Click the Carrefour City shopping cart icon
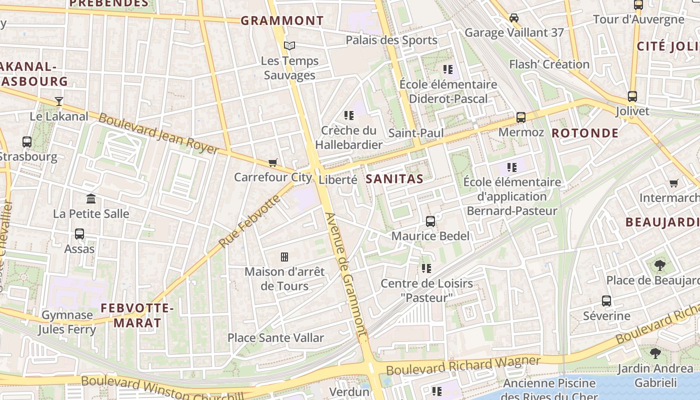click(x=272, y=162)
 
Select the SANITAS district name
click(x=394, y=179)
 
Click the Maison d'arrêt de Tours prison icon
click(x=284, y=257)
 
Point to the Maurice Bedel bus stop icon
click(x=430, y=221)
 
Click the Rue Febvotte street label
click(x=249, y=222)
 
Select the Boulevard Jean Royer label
click(x=158, y=133)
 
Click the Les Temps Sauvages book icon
click(x=289, y=46)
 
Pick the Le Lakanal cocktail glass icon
click(x=59, y=101)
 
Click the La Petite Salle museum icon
click(x=91, y=199)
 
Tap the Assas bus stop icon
click(x=79, y=233)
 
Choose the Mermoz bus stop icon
click(x=521, y=117)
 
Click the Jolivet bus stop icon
click(x=632, y=96)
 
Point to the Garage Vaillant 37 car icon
click(x=514, y=18)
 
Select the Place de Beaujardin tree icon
click(x=659, y=265)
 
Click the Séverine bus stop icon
click(x=606, y=301)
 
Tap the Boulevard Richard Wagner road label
click(x=463, y=365)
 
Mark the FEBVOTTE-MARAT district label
click(x=137, y=315)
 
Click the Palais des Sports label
click(x=391, y=40)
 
